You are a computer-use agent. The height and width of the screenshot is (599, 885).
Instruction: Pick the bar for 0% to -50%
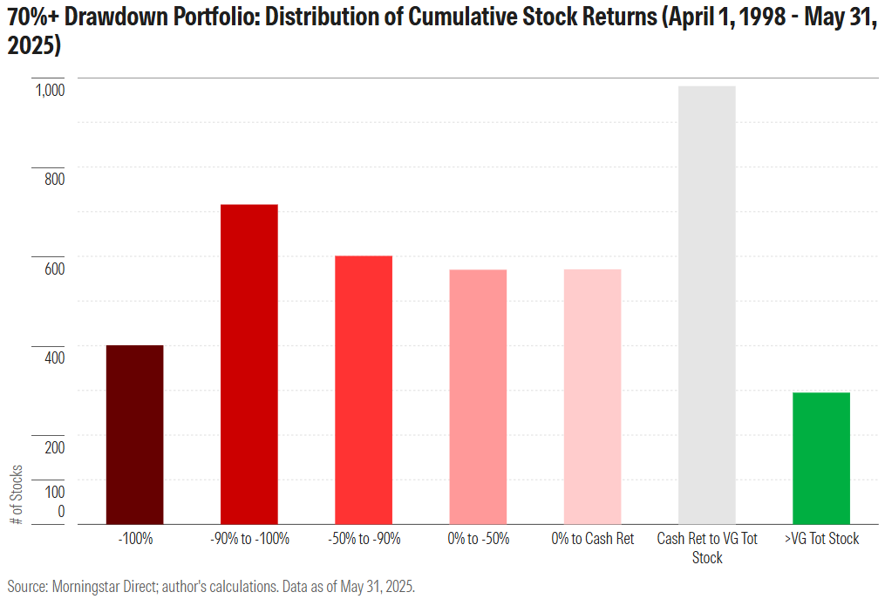pyautogui.click(x=478, y=397)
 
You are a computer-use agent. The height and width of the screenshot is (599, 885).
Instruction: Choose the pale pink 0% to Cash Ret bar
pyautogui.click(x=592, y=397)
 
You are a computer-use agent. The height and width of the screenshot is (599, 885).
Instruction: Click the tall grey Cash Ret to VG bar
pyautogui.click(x=707, y=304)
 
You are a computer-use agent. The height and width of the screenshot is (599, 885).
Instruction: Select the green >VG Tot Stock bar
pyautogui.click(x=821, y=458)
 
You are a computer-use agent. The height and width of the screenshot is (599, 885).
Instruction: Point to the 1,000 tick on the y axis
pyautogui.click(x=49, y=90)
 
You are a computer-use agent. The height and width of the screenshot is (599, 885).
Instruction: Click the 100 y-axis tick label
pyautogui.click(x=54, y=492)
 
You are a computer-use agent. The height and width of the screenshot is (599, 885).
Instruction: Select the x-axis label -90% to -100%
pyautogui.click(x=249, y=539)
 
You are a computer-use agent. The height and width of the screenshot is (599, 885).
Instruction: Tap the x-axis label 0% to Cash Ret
pyautogui.click(x=593, y=539)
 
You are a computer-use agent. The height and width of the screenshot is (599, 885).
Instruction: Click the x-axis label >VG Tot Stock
pyautogui.click(x=821, y=539)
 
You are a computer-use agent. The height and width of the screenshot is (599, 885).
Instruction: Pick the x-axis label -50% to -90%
pyautogui.click(x=364, y=539)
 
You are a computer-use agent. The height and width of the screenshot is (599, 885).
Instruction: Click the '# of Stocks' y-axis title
pyautogui.click(x=17, y=494)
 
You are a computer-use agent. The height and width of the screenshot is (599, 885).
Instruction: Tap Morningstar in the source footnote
pyautogui.click(x=79, y=584)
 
